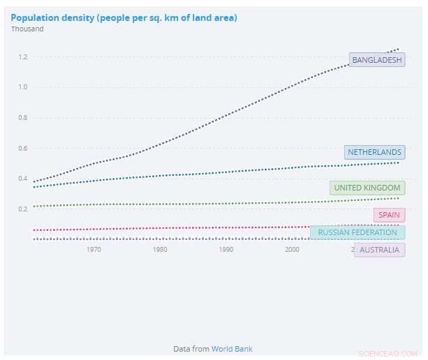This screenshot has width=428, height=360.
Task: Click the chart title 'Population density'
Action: (x=124, y=17)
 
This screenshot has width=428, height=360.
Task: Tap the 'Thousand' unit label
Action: (x=27, y=29)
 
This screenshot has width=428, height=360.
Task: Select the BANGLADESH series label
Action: (x=377, y=60)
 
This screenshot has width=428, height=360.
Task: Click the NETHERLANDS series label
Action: (x=374, y=152)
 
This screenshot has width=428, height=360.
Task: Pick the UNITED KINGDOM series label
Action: (x=367, y=188)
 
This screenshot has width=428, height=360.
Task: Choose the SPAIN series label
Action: (x=389, y=215)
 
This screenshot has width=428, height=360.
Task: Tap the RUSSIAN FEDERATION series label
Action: (x=357, y=232)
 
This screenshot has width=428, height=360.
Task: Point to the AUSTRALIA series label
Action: (x=379, y=249)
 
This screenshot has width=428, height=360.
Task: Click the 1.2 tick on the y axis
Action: (x=23, y=57)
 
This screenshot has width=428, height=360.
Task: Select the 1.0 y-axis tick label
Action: (x=23, y=87)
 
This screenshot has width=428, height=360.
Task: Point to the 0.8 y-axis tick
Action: (x=23, y=117)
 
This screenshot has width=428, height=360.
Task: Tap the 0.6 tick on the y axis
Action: (x=23, y=148)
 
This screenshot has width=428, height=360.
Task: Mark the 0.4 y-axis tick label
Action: (x=23, y=179)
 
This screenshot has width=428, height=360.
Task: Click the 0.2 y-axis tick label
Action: (x=23, y=209)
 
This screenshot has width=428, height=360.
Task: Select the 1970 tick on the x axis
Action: (x=94, y=249)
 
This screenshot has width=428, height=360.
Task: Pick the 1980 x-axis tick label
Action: (x=160, y=249)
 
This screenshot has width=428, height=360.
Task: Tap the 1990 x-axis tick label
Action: (x=226, y=249)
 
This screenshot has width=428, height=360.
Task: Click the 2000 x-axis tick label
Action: (x=293, y=249)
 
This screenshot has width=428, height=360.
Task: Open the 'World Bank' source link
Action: (x=233, y=348)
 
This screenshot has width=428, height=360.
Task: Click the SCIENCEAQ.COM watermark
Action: (x=388, y=353)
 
